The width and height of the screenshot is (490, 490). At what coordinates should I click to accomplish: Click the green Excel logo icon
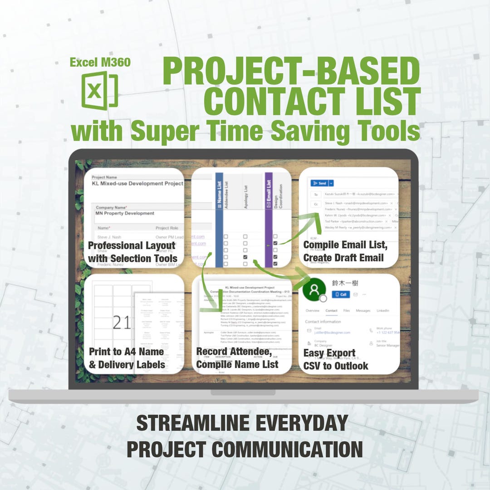tap(99, 90)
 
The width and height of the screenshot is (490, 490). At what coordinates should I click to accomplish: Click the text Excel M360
tap(100, 62)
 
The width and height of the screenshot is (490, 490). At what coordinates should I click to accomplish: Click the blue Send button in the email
tap(319, 183)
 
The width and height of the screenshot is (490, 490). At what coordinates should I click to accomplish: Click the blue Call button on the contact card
tap(341, 294)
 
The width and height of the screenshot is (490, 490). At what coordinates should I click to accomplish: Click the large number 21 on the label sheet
tap(121, 323)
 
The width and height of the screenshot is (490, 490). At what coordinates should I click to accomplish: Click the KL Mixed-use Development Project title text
tap(137, 183)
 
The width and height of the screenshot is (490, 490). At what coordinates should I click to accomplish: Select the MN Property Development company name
tap(125, 213)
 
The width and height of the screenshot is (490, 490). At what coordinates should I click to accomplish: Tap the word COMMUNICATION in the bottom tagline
tap(287, 450)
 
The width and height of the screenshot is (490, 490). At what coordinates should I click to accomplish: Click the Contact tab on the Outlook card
tap(331, 311)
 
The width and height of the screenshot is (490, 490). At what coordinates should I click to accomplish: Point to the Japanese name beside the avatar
tap(345, 283)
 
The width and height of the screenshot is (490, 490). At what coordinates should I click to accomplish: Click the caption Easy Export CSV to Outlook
tap(336, 359)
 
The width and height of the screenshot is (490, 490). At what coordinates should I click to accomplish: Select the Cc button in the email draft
tap(315, 205)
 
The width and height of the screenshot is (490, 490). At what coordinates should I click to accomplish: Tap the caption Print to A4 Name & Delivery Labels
tap(127, 358)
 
